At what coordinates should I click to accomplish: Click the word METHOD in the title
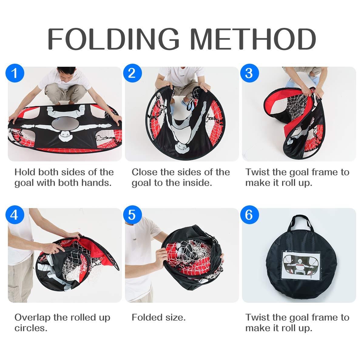253,39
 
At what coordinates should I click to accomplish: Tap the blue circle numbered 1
15,73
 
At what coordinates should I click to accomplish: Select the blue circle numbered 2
133,73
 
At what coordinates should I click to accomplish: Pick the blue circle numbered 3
250,73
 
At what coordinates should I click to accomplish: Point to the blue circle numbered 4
15,215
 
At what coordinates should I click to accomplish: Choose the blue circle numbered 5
133,215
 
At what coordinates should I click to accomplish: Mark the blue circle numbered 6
250,215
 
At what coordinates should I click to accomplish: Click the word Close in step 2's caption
144,172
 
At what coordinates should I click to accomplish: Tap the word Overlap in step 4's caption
32,318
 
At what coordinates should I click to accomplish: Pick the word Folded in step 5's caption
147,317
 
